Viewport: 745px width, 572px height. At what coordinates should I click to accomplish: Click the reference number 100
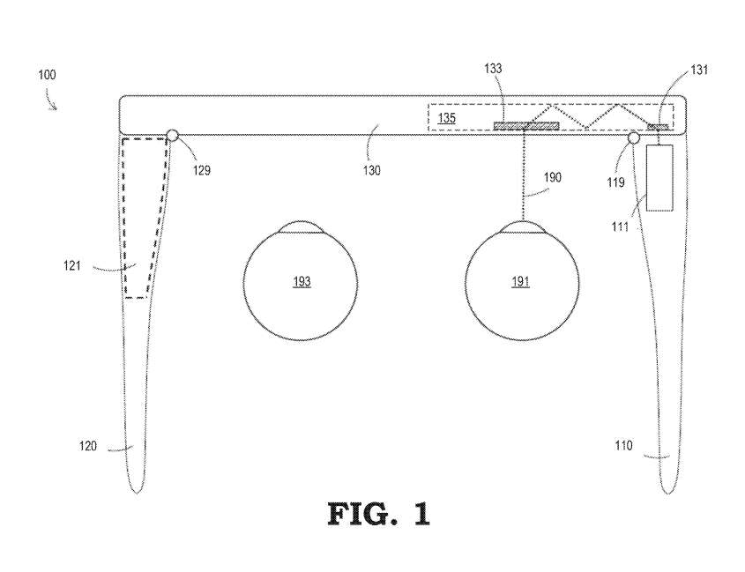[47, 75]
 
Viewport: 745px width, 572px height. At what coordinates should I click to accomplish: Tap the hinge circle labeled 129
[172, 135]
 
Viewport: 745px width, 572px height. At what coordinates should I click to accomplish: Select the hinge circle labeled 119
[634, 137]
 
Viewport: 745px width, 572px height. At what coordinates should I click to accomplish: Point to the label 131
[674, 71]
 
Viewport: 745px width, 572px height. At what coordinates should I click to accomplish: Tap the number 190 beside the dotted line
[551, 177]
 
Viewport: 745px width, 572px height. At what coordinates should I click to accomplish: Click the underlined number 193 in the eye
[302, 281]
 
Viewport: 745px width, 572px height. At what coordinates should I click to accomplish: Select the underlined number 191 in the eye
[520, 281]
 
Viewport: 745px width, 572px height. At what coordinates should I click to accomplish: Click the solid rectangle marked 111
[659, 178]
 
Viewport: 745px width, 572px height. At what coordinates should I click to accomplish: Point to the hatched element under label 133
[526, 126]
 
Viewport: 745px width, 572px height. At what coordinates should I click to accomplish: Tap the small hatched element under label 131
[658, 127]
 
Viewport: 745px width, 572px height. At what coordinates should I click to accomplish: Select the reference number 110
[622, 446]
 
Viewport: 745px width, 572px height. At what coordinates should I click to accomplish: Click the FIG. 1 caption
[379, 513]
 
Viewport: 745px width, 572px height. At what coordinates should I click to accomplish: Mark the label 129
[202, 170]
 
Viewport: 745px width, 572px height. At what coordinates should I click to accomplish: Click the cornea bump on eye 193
[302, 227]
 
